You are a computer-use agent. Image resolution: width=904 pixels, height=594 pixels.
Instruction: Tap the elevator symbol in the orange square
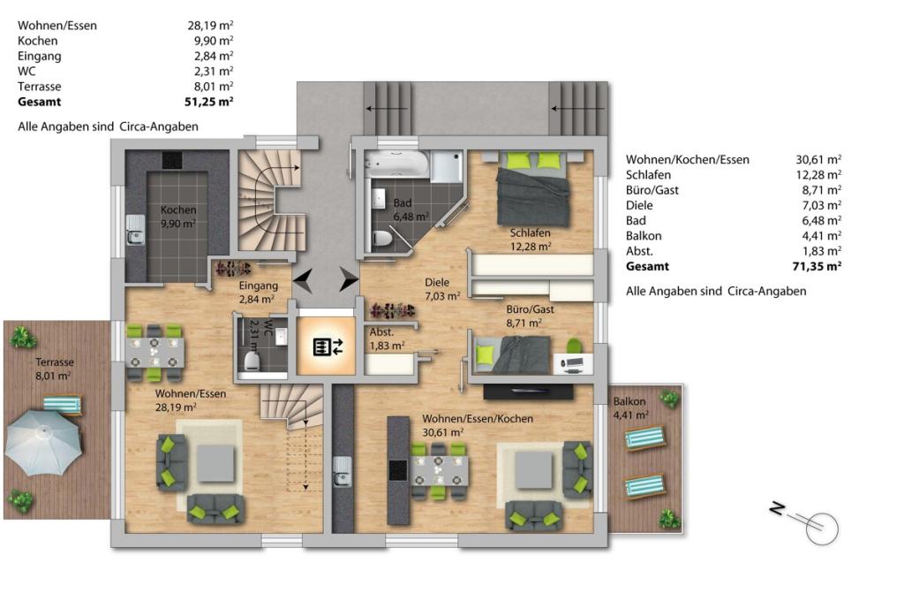pyautogui.click(x=328, y=346)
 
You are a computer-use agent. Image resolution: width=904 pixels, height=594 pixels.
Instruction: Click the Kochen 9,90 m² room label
pyautogui.click(x=178, y=217)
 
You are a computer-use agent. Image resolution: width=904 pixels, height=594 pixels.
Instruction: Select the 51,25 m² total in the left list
pyautogui.click(x=210, y=102)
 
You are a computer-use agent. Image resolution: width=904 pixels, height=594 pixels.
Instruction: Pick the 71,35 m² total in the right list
pyautogui.click(x=817, y=266)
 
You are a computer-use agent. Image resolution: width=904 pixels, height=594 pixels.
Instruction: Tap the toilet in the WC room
pyautogui.click(x=252, y=359)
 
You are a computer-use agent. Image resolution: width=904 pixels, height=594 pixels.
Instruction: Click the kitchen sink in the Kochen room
pyautogui.click(x=135, y=229)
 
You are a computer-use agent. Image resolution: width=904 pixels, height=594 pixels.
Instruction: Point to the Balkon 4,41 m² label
pyautogui.click(x=630, y=407)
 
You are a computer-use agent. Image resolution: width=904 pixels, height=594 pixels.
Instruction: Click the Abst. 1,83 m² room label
pyautogui.click(x=387, y=339)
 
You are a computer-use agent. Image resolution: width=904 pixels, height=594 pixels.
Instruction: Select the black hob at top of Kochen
pyautogui.click(x=171, y=160)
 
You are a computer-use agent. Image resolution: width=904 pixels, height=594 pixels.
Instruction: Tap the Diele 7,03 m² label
pyautogui.click(x=442, y=289)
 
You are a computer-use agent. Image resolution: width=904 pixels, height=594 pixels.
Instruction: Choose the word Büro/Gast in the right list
pyautogui.click(x=652, y=190)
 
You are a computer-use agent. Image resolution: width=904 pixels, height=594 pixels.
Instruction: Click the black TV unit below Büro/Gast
pyautogui.click(x=528, y=392)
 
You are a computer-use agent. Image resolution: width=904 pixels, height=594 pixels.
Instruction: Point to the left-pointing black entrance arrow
pyautogui.click(x=304, y=280)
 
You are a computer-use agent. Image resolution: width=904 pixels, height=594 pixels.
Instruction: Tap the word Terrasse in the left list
pyautogui.click(x=39, y=87)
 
